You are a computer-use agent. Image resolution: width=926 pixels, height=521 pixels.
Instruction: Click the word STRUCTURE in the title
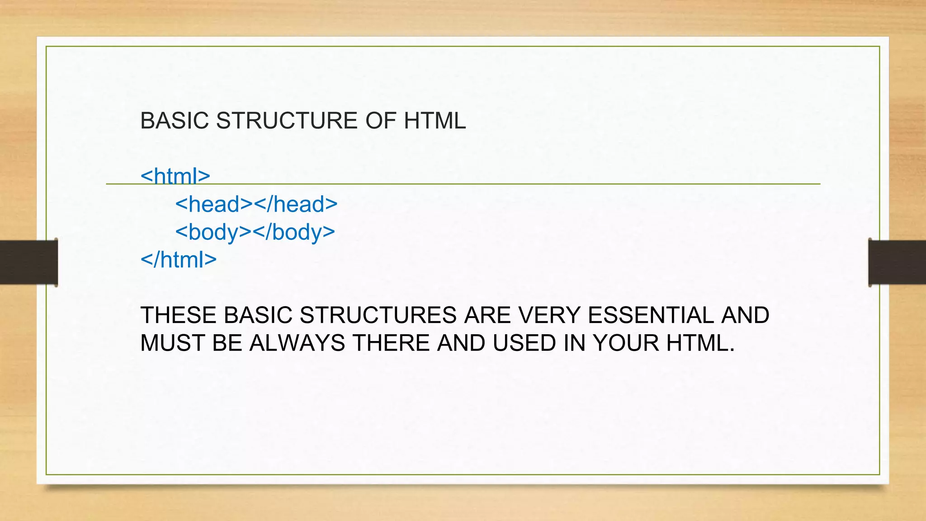287,121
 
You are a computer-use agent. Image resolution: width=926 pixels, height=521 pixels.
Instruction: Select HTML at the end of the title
435,121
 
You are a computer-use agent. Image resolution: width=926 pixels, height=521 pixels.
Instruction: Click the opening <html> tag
175,175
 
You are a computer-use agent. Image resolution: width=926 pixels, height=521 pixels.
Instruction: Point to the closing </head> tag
296,204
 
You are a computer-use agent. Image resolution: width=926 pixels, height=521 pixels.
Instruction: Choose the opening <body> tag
213,232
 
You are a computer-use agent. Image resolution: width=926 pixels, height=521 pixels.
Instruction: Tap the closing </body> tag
294,232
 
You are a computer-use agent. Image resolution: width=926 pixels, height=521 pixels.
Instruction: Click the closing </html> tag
179,260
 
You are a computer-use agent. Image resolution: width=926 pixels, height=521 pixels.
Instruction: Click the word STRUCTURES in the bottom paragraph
378,315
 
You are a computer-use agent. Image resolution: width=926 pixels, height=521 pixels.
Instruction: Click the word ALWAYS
297,343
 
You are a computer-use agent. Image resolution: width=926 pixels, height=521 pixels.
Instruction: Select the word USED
524,343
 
